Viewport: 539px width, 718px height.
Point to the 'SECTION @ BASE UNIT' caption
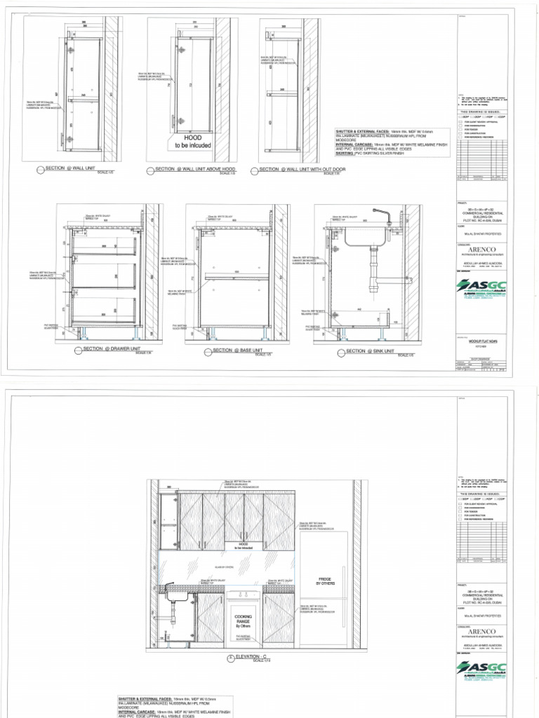tap(232, 351)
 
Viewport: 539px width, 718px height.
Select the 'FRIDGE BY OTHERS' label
tap(326, 581)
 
